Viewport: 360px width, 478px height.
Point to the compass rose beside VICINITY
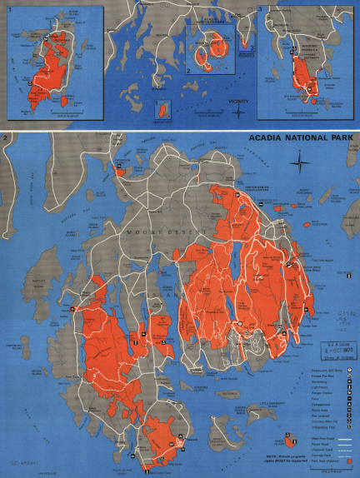click(240, 109)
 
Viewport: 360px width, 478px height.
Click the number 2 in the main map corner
click(7, 136)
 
